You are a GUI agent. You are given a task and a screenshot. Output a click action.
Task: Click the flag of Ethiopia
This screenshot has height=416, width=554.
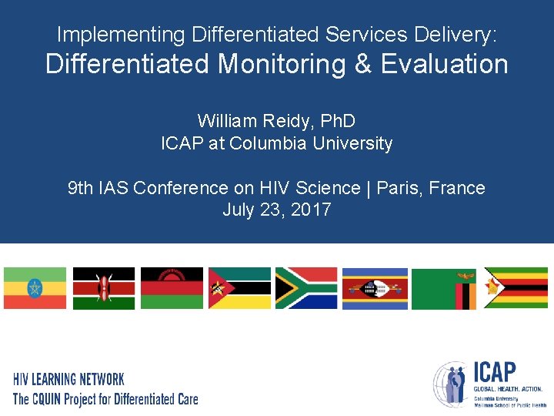pyautogui.click(x=35, y=288)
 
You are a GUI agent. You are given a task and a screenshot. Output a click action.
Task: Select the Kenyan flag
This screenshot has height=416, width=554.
pyautogui.click(x=103, y=288)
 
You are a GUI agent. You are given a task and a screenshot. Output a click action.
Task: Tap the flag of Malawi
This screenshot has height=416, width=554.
pyautogui.click(x=172, y=288)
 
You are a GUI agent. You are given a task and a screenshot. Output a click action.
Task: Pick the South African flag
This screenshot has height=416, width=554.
pyautogui.click(x=306, y=288)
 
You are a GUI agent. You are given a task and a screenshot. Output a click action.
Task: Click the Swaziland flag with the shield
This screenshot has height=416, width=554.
pyautogui.click(x=375, y=288)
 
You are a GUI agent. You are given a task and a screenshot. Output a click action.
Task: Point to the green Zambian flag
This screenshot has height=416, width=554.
pyautogui.click(x=443, y=288)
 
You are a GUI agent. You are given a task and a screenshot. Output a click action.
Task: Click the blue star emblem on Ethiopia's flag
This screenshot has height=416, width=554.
pyautogui.click(x=35, y=288)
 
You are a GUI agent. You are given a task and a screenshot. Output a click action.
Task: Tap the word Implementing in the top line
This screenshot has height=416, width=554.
pyautogui.click(x=122, y=35)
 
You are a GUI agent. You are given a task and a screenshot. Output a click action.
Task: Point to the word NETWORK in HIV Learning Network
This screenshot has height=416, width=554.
pyautogui.click(x=101, y=380)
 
